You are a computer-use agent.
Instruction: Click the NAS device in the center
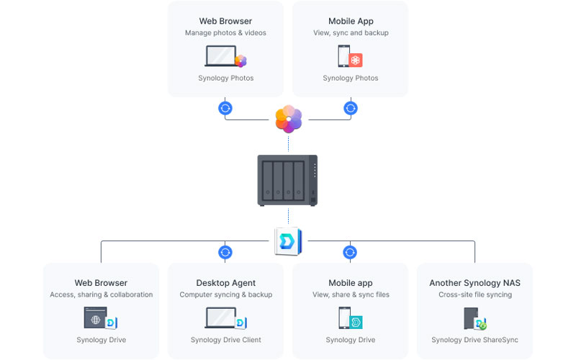pos(288,180)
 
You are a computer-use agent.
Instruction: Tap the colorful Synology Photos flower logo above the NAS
pos(288,119)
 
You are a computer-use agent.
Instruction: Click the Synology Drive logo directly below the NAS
pos(288,241)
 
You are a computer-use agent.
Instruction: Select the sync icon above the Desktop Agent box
pos(225,252)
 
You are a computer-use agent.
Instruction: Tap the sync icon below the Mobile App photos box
pos(351,108)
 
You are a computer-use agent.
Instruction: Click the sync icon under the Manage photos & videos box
pos(225,108)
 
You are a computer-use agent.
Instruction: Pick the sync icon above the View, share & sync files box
pos(350,252)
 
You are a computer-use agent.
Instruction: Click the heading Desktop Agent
pos(225,283)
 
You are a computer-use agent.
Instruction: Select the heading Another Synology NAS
pos(474,283)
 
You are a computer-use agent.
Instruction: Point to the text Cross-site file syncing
pos(474,294)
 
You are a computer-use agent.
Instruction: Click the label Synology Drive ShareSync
pos(474,340)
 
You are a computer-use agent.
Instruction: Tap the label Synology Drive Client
pos(225,340)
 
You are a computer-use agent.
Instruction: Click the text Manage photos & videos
pos(225,32)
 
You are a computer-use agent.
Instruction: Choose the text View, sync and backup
pos(351,32)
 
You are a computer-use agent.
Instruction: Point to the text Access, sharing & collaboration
pos(101,294)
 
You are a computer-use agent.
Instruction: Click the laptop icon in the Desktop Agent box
pos(221,318)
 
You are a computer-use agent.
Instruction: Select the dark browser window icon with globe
pos(96,318)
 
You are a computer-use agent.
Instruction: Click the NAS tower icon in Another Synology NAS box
pos(471,318)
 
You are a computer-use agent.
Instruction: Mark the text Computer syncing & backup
pos(225,294)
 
